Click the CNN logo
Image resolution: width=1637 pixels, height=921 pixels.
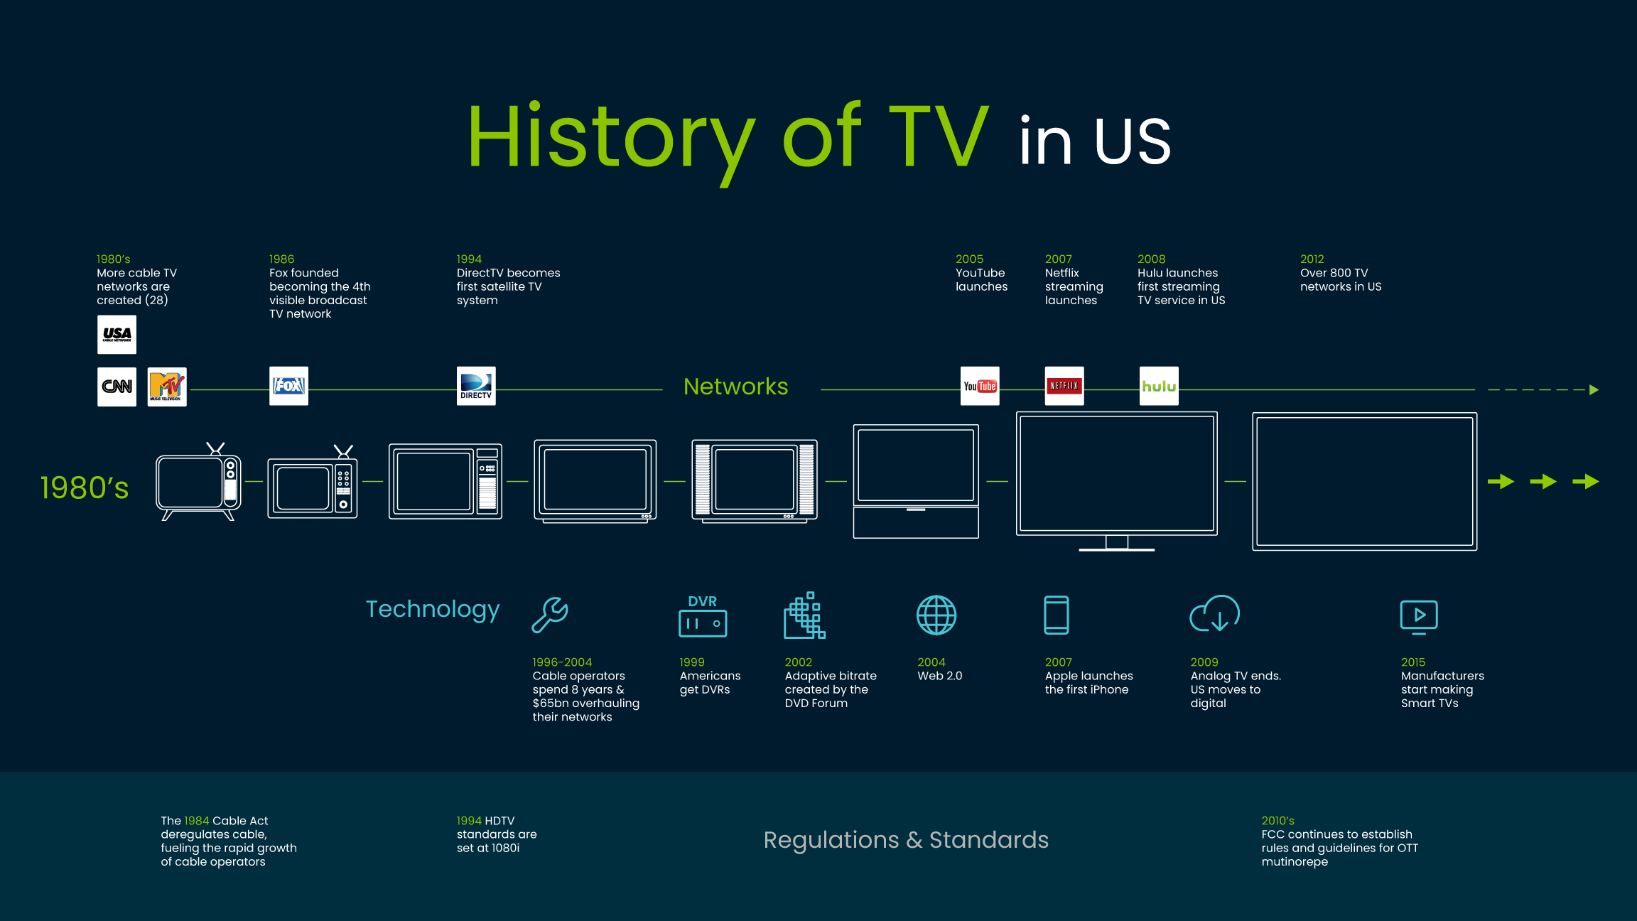point(117,387)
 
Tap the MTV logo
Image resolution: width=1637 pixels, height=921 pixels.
point(167,387)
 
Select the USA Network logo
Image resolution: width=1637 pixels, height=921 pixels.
point(117,335)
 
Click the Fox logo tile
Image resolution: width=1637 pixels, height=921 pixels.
point(288,386)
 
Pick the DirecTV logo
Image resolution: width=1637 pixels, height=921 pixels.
point(476,386)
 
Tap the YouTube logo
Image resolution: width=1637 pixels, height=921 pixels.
point(980,386)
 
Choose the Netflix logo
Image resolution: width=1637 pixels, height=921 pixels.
point(1064,386)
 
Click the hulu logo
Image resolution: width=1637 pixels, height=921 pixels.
point(1159,386)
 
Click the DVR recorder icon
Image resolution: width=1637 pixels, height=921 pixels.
point(703,616)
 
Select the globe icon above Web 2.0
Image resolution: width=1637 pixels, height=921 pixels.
point(936,615)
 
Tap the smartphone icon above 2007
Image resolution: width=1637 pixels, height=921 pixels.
point(1057,615)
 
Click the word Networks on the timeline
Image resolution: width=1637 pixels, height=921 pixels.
point(735,387)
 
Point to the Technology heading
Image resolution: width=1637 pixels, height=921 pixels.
point(433,610)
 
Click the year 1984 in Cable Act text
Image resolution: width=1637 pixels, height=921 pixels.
point(197,821)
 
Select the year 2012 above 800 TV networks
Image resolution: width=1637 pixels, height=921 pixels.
point(1312,259)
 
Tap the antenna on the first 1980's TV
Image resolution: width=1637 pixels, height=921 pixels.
point(215,448)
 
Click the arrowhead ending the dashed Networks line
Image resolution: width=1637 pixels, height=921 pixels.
point(1594,389)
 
